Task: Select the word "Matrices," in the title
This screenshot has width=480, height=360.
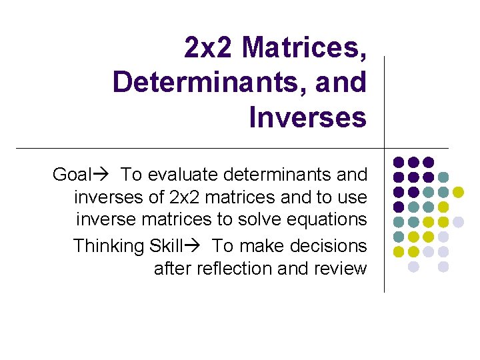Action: coord(305,48)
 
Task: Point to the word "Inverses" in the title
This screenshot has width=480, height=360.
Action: coord(307,118)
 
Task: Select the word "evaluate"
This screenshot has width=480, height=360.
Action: coord(185,175)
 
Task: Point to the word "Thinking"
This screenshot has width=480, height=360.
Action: coord(109,246)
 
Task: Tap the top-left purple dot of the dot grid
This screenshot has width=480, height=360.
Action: coord(399,162)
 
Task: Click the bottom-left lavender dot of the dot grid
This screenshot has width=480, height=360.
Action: coord(413,266)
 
